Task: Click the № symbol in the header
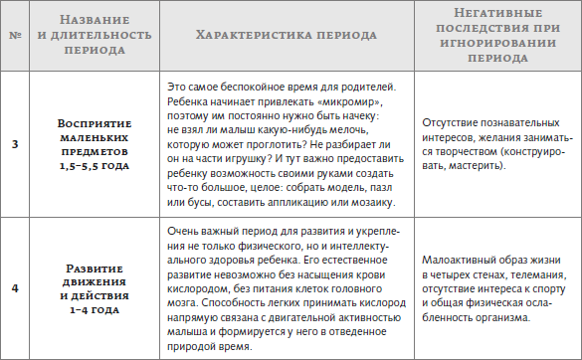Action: pos(14,36)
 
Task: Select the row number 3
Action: pos(14,145)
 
